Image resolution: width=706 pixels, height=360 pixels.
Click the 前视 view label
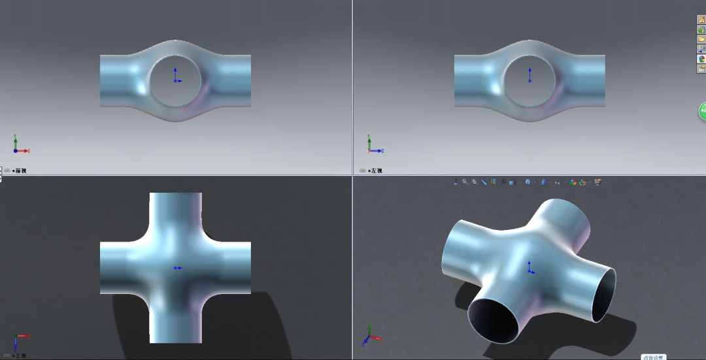20,171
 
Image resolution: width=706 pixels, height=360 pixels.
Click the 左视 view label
375,171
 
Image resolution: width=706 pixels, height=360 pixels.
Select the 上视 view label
20,355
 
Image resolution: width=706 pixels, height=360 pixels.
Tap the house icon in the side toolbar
701,20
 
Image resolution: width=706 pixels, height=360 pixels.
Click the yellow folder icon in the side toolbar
701,39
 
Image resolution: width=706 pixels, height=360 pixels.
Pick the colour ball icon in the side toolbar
701,59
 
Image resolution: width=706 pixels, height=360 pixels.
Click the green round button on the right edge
703,111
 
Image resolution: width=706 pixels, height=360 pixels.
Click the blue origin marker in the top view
176,268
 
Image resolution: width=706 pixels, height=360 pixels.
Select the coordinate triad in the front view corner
18,146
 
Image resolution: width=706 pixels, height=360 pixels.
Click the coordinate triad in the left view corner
373,146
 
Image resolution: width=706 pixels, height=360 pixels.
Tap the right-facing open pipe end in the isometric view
603,295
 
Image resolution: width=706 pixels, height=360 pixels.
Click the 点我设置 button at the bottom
652,357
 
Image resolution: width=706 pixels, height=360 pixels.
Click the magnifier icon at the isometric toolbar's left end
465,182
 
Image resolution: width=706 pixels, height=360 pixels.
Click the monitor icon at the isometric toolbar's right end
597,182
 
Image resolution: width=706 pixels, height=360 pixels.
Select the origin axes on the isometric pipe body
530,268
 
